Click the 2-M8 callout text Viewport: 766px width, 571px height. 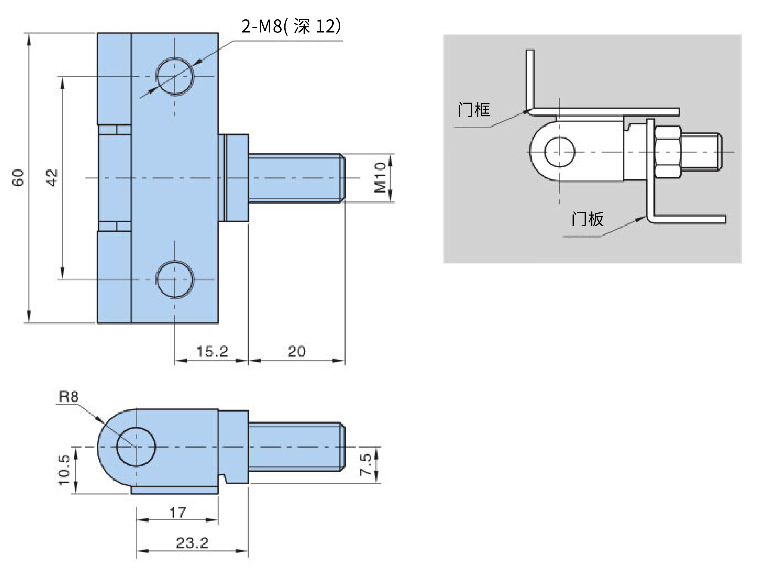[291, 26]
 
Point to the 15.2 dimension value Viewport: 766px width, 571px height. [212, 351]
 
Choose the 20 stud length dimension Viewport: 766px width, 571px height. [297, 351]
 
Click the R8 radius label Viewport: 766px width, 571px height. [69, 397]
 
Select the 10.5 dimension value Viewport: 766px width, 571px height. [64, 470]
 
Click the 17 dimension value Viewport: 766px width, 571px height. [178, 513]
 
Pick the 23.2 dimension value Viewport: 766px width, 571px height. [193, 543]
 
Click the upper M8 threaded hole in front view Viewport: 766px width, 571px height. [175, 76]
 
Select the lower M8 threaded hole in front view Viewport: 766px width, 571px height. [175, 279]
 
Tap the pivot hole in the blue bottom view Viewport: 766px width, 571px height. [136, 447]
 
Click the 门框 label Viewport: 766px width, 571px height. [474, 110]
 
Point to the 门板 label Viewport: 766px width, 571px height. [587, 219]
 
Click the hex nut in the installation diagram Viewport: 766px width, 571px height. [668, 152]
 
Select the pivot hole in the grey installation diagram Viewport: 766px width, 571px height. [559, 152]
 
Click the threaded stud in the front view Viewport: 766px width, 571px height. [297, 178]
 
